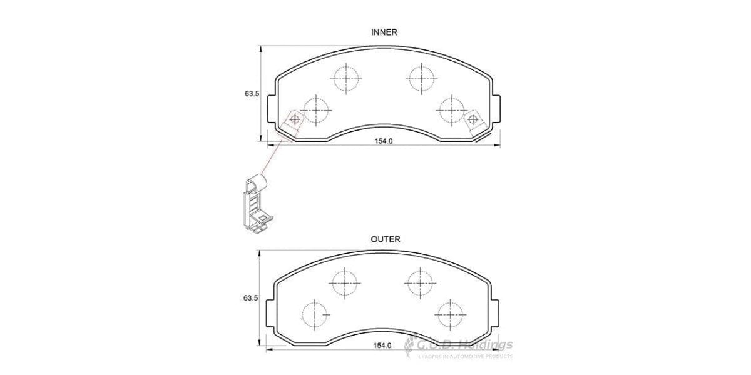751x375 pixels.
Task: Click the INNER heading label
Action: [x=384, y=32]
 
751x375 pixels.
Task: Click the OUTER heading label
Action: [x=385, y=239]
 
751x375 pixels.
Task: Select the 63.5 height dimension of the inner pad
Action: [x=252, y=93]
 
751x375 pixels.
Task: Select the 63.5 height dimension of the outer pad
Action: [x=252, y=299]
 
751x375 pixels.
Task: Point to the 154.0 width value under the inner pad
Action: [x=383, y=141]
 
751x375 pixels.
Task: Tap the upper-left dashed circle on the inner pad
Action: [x=346, y=79]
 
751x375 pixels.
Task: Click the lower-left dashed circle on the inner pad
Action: [x=317, y=110]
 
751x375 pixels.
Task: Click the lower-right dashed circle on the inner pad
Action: [x=451, y=110]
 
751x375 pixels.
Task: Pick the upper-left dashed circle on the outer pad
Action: [x=344, y=282]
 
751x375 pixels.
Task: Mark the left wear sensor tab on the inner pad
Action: [x=293, y=122]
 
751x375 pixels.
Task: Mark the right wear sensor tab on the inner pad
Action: [x=474, y=122]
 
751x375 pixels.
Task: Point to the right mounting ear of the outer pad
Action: [x=497, y=311]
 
